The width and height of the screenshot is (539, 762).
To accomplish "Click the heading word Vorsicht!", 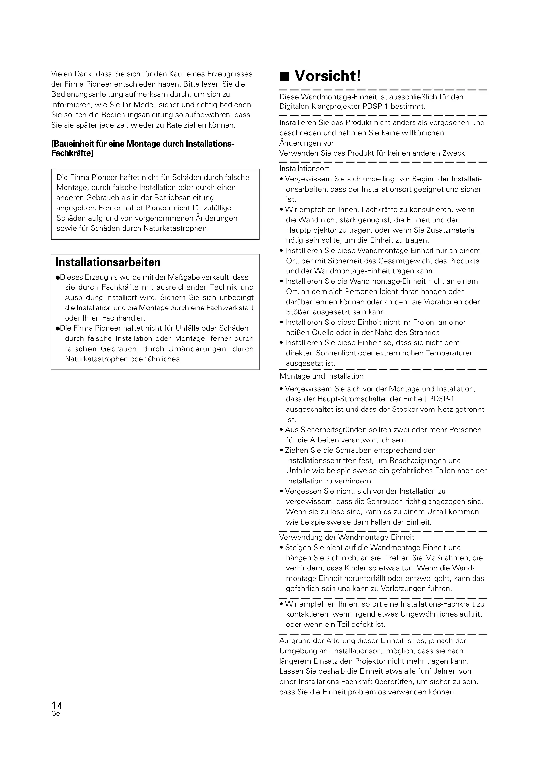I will point(327,76).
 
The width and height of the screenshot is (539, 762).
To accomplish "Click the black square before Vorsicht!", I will point(284,77).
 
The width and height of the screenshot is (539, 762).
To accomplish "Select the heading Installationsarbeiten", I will point(108,262).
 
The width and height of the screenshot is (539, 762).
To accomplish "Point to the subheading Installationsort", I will point(304,169).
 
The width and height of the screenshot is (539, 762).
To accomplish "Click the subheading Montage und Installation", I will point(321,376).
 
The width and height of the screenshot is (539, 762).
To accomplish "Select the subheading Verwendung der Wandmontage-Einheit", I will point(346,537).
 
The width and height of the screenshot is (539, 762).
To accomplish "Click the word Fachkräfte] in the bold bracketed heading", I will point(72,153).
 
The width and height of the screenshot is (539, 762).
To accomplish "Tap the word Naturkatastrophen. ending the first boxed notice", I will point(176,228).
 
